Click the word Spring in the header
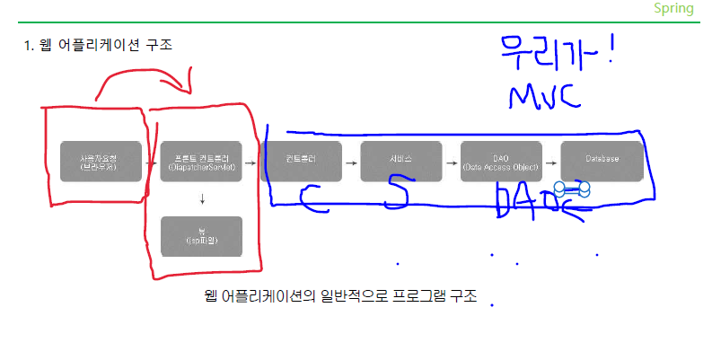click(673, 8)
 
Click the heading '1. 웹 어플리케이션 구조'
click(98, 44)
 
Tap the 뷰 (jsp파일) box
click(201, 237)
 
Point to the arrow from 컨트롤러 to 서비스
click(351, 162)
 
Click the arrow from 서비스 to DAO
click(452, 162)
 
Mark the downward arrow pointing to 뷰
click(202, 199)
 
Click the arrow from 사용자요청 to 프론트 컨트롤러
click(151, 162)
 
